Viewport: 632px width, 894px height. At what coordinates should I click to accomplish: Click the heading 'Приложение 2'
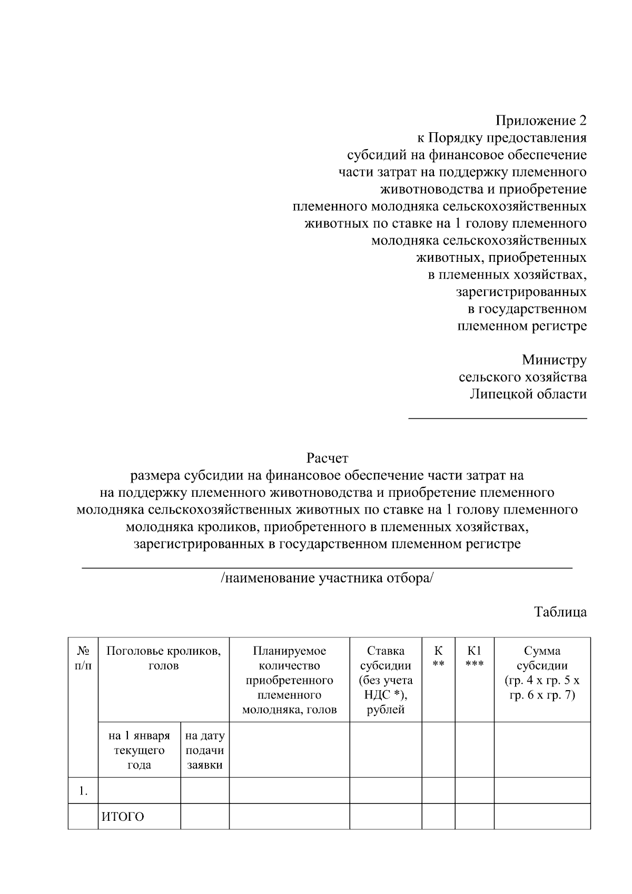pos(540,121)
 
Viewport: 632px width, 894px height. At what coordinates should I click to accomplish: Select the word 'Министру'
pos(554,360)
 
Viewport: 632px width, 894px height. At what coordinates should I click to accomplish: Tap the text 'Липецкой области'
pos(528,394)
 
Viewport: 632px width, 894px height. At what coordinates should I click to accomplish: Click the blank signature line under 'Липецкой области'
pos(498,418)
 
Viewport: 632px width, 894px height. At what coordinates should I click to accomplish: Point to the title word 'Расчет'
pos(327,458)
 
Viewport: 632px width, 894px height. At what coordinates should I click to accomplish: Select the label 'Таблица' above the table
pos(560,612)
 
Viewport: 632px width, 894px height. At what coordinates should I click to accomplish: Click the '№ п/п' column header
pos(83,659)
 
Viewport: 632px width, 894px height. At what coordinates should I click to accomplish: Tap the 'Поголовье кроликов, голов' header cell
pos(164,659)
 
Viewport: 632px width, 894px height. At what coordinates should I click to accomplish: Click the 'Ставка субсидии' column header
pos(386,680)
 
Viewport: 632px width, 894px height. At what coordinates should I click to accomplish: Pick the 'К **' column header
pos(438,659)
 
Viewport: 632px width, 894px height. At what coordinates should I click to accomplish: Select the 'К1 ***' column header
pos(474,659)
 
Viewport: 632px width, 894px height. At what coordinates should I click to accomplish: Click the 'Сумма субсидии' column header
pos(542,673)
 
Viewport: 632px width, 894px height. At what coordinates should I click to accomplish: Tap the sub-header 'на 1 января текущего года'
pos(139,750)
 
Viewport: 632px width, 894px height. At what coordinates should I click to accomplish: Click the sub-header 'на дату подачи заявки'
pos(205,750)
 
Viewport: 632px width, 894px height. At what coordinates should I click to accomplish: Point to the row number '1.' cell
pos(83,791)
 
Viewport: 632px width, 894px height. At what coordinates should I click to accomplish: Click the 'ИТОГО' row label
pos(123,817)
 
